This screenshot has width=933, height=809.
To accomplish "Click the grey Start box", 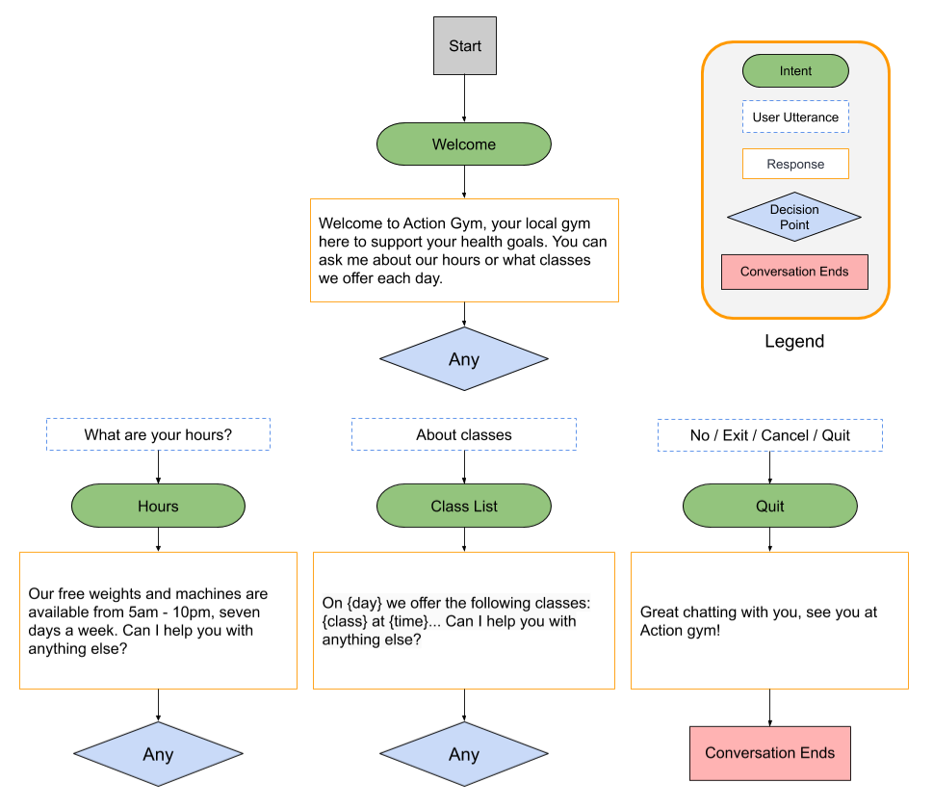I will (x=465, y=46).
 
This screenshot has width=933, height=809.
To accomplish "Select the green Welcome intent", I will (x=463, y=144).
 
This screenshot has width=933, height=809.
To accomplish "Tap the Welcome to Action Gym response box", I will (x=464, y=250).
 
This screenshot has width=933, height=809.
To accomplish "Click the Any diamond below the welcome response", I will (x=464, y=359).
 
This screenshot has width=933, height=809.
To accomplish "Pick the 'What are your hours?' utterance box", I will (x=158, y=434).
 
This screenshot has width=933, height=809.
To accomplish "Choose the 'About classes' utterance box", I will (x=464, y=434).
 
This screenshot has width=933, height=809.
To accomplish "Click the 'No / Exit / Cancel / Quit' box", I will (x=769, y=434).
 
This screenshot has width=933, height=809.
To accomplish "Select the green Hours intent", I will (x=158, y=506).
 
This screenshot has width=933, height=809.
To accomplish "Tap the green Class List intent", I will (x=464, y=506).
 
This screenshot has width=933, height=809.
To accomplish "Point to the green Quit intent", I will (x=769, y=506).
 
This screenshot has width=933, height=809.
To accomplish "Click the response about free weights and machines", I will (x=158, y=620).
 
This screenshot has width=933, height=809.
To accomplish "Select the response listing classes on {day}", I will (x=464, y=620).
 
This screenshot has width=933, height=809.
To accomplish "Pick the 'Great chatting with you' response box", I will (x=769, y=620).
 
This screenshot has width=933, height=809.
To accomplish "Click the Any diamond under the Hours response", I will (x=158, y=754).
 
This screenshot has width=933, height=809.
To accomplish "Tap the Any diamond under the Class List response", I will (x=464, y=754).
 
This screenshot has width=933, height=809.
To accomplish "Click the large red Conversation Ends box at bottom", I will (x=769, y=753).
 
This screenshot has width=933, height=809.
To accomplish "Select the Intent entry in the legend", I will (x=795, y=71).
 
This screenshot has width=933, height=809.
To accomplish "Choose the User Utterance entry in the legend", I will (x=795, y=117).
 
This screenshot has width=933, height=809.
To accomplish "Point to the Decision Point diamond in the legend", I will (x=794, y=217).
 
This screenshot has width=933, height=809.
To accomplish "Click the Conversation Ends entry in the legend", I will (x=794, y=272).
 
